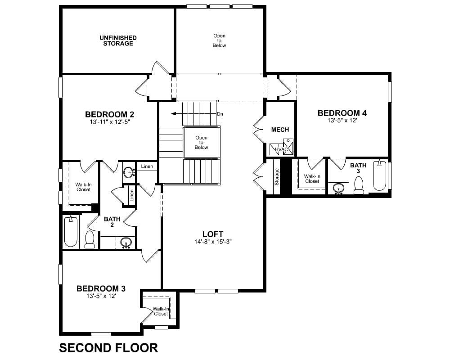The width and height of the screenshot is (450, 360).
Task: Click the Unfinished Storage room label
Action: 118,40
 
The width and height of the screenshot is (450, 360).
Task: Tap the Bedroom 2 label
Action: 110,114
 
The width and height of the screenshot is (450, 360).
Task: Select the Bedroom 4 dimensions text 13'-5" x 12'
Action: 342,121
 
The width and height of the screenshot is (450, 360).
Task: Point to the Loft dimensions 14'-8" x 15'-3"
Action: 213,242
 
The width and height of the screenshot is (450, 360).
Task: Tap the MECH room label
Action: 280,130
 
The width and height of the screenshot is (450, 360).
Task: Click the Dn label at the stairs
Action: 220,114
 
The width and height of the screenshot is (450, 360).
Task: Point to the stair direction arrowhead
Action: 173,114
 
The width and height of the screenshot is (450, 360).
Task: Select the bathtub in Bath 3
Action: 379,175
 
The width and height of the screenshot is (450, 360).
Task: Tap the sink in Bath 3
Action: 339,189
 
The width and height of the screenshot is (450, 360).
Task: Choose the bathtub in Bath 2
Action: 71,232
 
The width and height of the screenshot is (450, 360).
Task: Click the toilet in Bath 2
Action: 90,239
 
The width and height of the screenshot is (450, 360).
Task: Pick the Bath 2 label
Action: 112,222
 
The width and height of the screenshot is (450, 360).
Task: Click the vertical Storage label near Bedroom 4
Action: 277,176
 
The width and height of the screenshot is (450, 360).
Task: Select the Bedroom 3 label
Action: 101,288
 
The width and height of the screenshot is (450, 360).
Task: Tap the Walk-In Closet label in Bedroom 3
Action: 161,311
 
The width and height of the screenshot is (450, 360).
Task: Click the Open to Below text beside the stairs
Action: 201,142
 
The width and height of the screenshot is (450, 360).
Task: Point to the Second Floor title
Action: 108,348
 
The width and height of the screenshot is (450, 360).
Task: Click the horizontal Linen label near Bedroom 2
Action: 147,166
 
